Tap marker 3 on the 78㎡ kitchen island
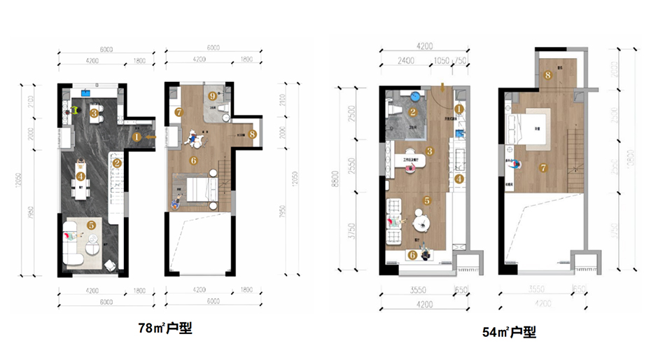(94, 111)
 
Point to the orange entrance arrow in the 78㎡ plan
(148, 137)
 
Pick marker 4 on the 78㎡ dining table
(81, 176)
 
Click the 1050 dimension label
(441, 60)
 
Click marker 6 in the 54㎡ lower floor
(412, 255)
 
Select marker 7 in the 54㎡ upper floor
(543, 168)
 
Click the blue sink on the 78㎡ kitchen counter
(88, 92)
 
